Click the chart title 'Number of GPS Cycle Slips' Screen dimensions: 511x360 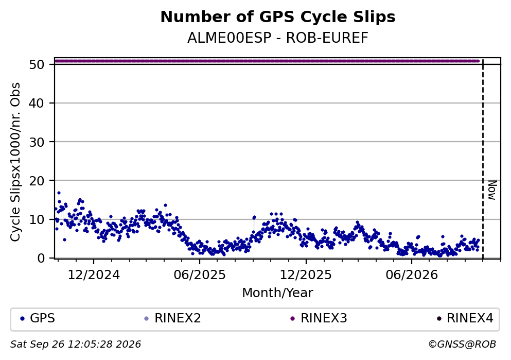(x=278, y=17)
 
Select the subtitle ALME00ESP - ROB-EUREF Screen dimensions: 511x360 (x=278, y=38)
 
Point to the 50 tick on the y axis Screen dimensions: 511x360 (x=37, y=64)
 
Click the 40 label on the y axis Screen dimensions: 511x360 (x=37, y=104)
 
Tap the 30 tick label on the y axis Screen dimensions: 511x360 (x=37, y=142)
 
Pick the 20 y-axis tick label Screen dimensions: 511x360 (x=37, y=181)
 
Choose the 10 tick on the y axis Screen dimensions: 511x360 (x=37, y=219)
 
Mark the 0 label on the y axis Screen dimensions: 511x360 (x=41, y=258)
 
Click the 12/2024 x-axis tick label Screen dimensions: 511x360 (x=94, y=275)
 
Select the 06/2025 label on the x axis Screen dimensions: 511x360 (x=200, y=275)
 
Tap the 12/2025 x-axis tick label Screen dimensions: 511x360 (x=306, y=275)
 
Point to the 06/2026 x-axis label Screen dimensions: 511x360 (x=412, y=275)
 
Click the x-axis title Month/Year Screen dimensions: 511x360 (x=278, y=293)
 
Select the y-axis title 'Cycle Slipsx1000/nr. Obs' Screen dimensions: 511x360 (x=15, y=162)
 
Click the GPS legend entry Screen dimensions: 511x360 (x=37, y=318)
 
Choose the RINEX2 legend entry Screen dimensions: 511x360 (x=172, y=318)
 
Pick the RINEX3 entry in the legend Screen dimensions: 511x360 (x=319, y=318)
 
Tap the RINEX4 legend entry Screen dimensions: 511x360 (x=465, y=318)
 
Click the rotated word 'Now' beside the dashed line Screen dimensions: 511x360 (x=492, y=190)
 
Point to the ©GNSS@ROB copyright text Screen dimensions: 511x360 (x=463, y=345)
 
